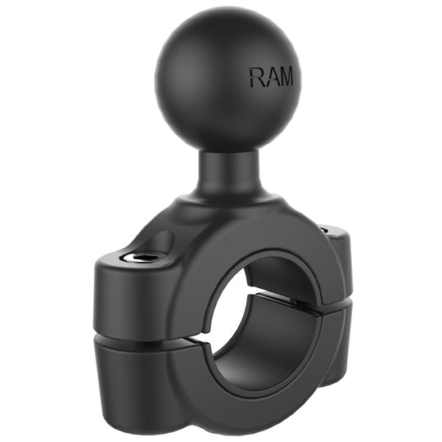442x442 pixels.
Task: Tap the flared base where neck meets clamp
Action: [221, 205]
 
